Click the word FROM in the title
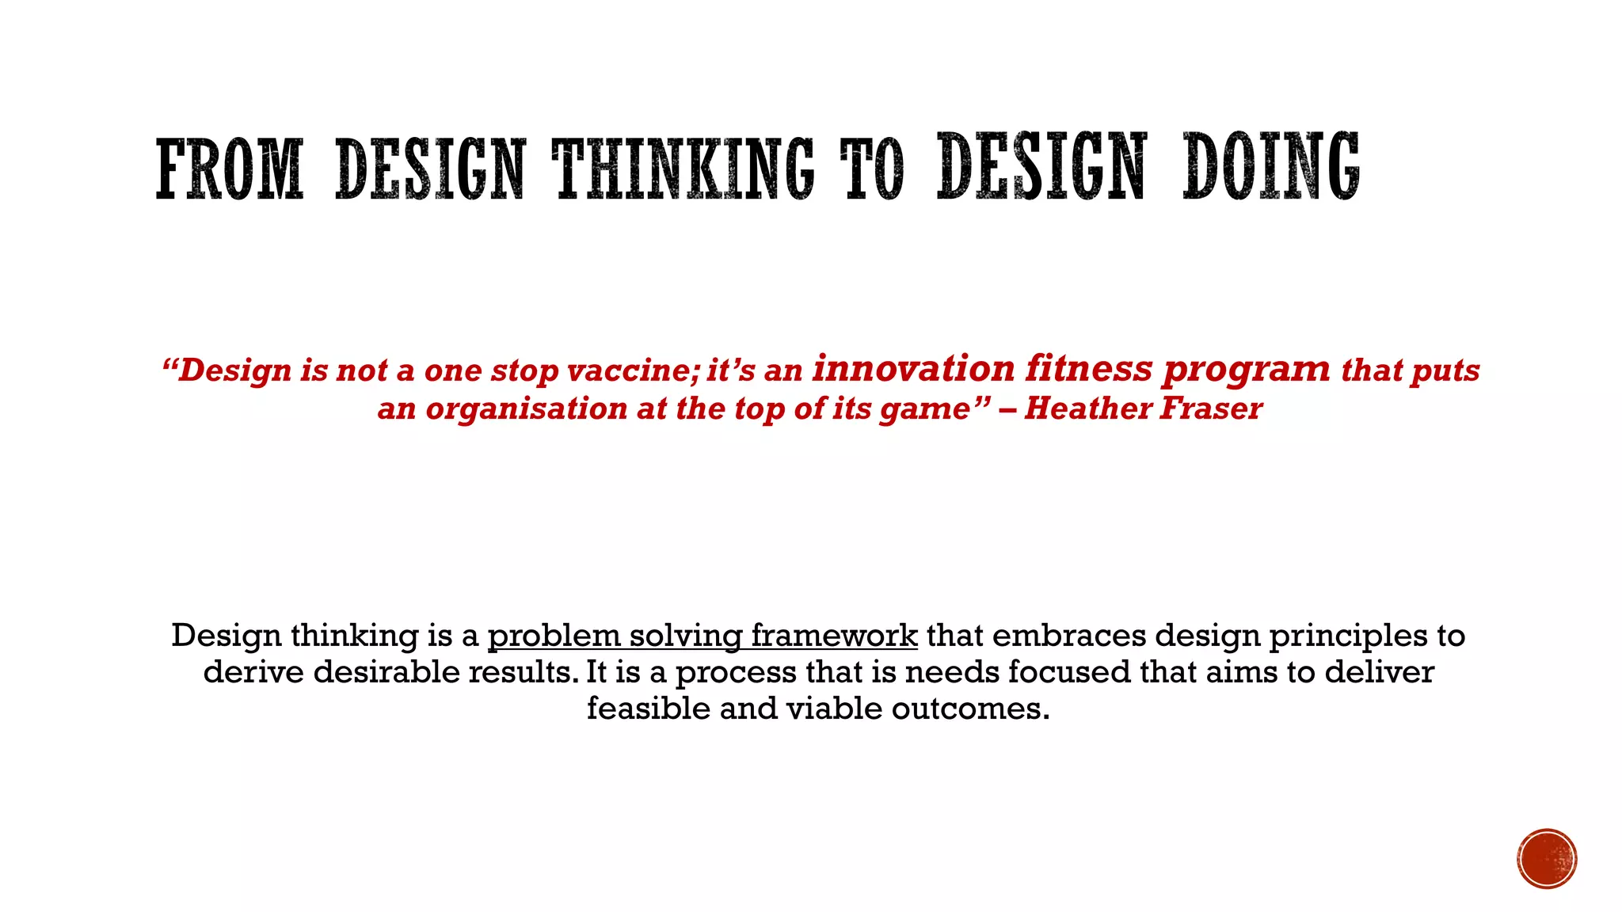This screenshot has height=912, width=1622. [x=230, y=169]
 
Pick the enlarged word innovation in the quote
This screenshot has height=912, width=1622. [x=913, y=368]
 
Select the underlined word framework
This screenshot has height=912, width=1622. [x=834, y=636]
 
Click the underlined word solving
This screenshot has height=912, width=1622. [x=686, y=636]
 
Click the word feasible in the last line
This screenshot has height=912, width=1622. [x=649, y=709]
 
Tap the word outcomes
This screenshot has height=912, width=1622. [x=970, y=709]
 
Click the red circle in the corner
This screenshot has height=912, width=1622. [x=1547, y=859]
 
